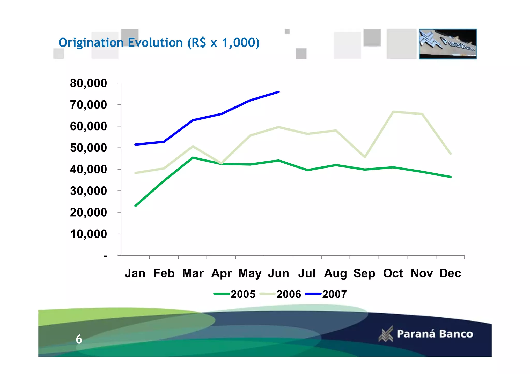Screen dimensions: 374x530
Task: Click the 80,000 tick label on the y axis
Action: pos(88,83)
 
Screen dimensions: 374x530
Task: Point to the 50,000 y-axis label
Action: pos(88,148)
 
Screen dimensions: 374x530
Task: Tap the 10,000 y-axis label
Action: pos(88,234)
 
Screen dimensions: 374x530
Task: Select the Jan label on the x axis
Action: pos(135,273)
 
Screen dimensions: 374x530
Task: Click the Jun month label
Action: pos(278,273)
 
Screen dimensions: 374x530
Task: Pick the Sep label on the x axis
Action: pos(364,273)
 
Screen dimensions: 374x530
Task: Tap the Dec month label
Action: pos(450,273)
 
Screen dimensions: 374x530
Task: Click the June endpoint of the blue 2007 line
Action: pos(278,92)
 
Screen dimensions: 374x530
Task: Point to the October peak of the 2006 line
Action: pos(393,112)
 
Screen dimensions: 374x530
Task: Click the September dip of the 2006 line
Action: pos(365,157)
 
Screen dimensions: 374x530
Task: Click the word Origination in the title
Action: pos(91,43)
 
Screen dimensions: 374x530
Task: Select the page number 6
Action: pos(79,339)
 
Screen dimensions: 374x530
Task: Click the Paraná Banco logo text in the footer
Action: pos(435,334)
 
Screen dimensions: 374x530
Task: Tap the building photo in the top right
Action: pos(448,44)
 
